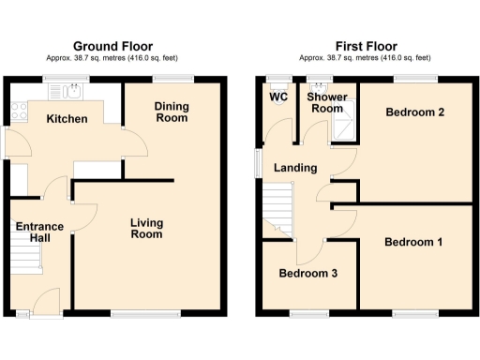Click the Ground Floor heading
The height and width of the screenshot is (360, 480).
(112, 46)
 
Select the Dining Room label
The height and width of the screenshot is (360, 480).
(172, 112)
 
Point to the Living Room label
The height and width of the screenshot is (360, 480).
(146, 228)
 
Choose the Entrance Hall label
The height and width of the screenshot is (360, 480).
(38, 232)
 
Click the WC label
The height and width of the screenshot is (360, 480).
(278, 97)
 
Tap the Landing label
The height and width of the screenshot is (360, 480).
(294, 168)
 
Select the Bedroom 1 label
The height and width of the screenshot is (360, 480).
(413, 242)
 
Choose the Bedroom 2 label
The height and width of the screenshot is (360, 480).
(413, 112)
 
